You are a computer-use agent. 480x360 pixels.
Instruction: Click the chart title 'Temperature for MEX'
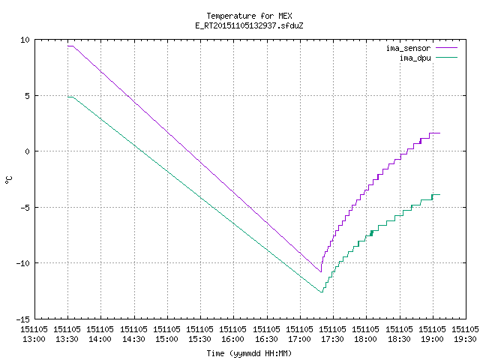tap(249, 16)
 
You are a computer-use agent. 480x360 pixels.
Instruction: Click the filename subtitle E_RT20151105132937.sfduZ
tap(249, 25)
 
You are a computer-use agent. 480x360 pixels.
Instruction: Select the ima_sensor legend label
tap(408, 48)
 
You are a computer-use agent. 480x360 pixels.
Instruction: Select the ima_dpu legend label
tap(415, 58)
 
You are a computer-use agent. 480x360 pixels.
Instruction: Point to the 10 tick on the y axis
tap(25, 40)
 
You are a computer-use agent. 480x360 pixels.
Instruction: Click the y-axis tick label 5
tap(28, 96)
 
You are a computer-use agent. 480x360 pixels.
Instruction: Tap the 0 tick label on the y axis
tap(28, 151)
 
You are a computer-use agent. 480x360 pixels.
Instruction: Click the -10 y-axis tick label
tap(23, 263)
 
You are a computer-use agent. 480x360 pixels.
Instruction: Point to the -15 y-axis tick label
tap(23, 319)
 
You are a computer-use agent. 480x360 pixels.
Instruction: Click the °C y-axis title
tap(8, 180)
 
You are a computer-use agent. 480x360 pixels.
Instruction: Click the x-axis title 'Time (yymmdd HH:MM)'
tap(249, 353)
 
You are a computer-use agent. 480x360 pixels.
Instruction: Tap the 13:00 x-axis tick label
tap(34, 339)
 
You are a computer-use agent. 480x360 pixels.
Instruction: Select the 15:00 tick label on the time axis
tap(167, 339)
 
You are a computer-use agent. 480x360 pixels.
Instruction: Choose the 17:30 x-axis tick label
tap(333, 339)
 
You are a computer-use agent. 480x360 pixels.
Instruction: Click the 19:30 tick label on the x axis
tap(466, 339)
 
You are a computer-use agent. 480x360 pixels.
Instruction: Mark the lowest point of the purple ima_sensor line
tap(321, 271)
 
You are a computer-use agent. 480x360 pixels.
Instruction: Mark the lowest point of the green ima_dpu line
tap(322, 292)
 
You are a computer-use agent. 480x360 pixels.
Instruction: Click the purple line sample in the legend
tap(446, 48)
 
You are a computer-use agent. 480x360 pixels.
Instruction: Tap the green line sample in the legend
tap(446, 58)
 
